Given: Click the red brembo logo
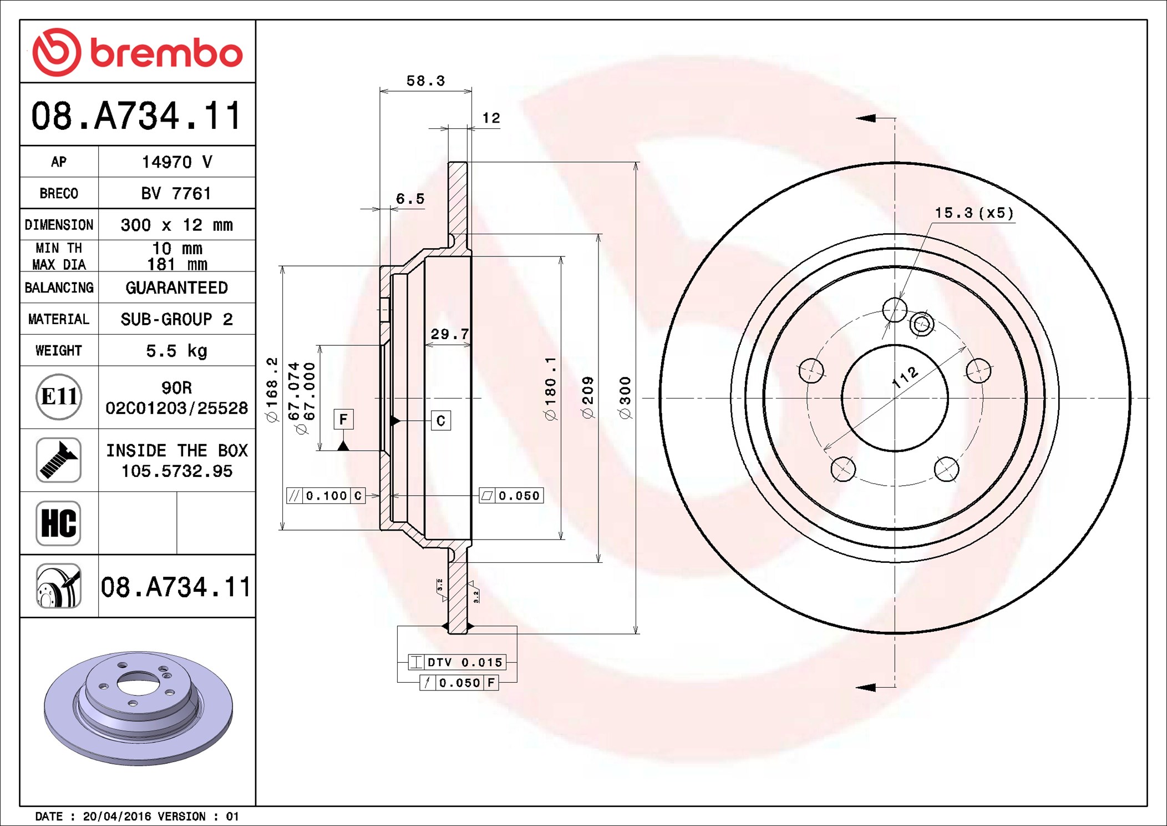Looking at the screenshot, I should coord(137,53).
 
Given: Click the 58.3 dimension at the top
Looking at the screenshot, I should coord(425,81).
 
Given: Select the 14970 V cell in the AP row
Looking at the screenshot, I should coord(176,162).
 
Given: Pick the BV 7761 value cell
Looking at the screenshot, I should coord(176,194).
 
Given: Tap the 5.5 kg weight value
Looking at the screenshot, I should coord(176,351).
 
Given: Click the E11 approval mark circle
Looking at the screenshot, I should coord(59,397).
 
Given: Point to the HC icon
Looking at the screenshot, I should coord(58,523).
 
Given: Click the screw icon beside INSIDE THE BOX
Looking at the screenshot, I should coord(58,460).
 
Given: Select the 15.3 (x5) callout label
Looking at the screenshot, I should coord(973,213).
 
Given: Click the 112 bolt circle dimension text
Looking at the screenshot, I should coord(905,377).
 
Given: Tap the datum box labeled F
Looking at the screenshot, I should coord(343,419).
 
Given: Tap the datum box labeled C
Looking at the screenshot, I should coord(441,421).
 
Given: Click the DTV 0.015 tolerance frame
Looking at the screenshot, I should coord(457,662).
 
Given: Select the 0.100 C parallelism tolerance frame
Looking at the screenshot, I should coord(326,496).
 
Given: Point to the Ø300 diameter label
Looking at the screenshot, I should coord(625,397).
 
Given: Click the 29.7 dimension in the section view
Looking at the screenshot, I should coord(449,334).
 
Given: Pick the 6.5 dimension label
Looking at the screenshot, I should coord(410,199).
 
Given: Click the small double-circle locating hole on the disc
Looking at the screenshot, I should coord(922,324).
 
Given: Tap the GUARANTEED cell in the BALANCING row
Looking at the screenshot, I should coord(176,288).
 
